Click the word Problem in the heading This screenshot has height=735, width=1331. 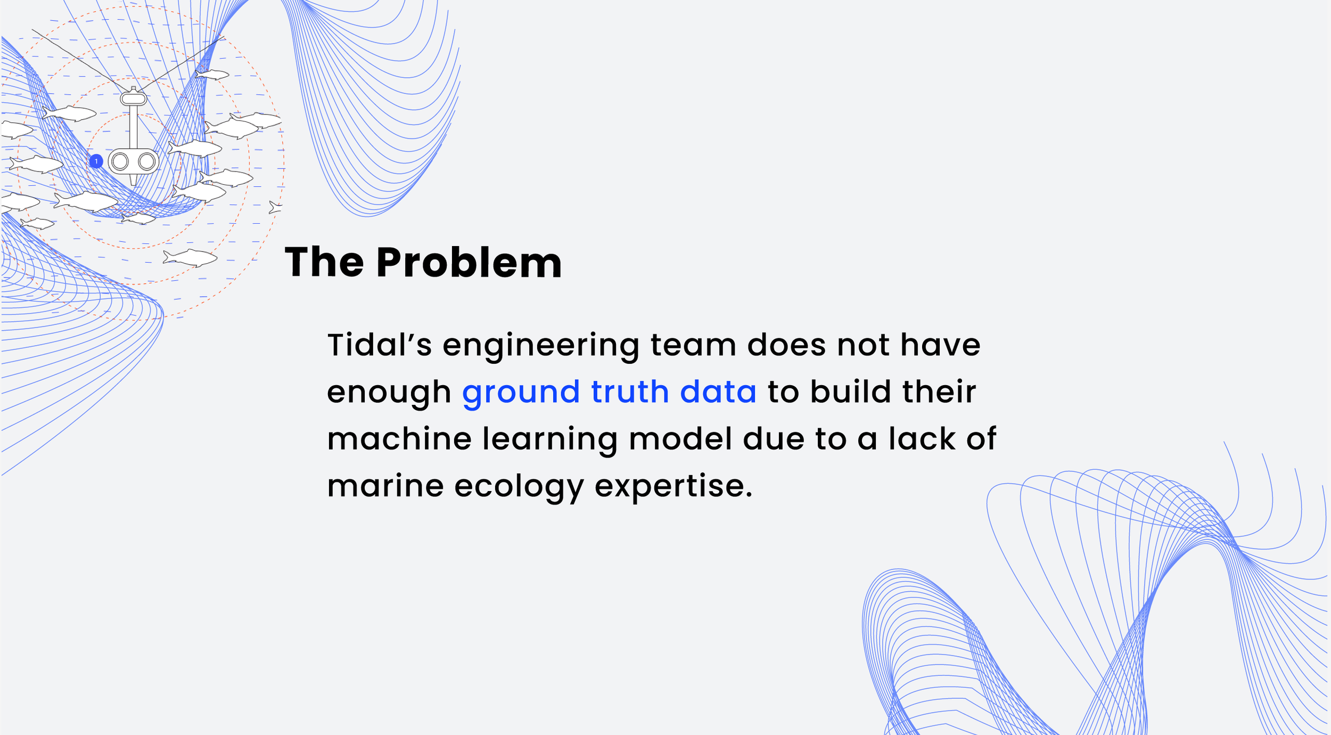tap(469, 263)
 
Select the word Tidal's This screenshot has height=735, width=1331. tap(380, 345)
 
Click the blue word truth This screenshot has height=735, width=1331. tap(630, 392)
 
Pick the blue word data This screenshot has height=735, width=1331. tap(718, 392)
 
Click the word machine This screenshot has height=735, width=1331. tap(399, 439)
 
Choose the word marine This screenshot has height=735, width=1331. tap(385, 486)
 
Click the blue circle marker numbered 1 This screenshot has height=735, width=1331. tap(96, 161)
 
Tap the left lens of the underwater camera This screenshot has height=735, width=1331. tap(120, 161)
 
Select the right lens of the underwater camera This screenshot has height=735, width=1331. tap(146, 161)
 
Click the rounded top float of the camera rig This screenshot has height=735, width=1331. tap(133, 99)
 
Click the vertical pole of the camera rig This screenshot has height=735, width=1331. tap(133, 127)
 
